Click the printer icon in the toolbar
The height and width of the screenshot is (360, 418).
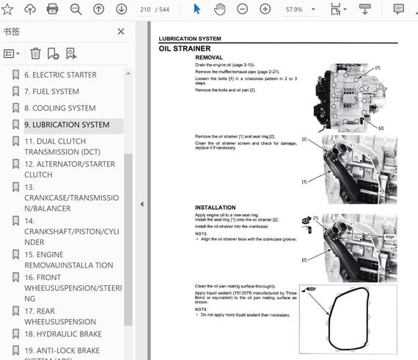[52, 9]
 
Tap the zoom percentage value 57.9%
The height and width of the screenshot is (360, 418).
[294, 9]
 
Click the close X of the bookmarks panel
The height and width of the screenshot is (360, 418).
[122, 32]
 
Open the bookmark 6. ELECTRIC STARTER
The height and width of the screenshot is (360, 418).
[60, 75]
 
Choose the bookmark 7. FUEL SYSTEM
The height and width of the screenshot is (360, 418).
[51, 92]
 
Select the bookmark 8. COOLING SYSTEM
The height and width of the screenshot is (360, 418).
[59, 109]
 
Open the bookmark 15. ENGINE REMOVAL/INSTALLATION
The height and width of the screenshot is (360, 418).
[69, 260]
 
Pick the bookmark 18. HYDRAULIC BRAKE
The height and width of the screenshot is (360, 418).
[62, 334]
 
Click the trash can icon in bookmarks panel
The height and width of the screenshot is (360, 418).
[35, 54]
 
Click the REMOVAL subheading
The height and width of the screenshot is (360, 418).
[209, 57]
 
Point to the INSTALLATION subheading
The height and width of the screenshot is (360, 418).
[215, 207]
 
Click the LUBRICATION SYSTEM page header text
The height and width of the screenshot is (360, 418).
[189, 38]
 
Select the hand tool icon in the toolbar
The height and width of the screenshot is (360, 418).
[219, 9]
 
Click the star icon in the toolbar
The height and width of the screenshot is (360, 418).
[8, 9]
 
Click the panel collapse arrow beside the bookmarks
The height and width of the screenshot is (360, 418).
[142, 205]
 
